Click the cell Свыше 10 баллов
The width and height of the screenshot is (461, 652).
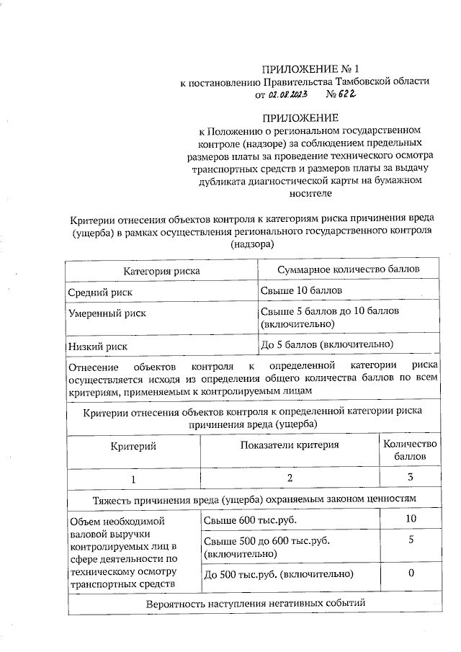point(300,291)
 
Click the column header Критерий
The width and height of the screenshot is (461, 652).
point(133,447)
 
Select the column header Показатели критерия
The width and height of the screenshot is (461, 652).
point(290,445)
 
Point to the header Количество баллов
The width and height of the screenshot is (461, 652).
point(410,450)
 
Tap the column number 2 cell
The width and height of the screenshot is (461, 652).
point(290,478)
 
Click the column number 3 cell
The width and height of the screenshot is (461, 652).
point(410,478)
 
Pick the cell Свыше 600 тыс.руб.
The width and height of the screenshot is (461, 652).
point(249,520)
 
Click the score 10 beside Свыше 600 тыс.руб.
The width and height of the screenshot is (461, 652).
point(411,519)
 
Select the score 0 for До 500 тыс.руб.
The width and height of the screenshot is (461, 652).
point(411,573)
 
